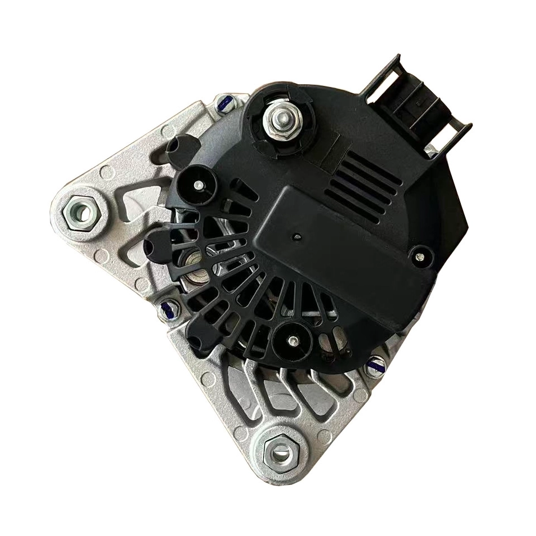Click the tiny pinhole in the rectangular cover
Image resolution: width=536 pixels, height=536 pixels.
click(296, 238)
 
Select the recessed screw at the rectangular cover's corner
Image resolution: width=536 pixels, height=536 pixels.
click(418, 257)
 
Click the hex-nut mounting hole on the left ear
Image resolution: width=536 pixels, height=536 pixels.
click(80, 213)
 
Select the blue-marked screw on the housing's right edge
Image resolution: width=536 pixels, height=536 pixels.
click(377, 365)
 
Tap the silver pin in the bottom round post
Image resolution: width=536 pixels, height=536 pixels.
click(292, 338)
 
